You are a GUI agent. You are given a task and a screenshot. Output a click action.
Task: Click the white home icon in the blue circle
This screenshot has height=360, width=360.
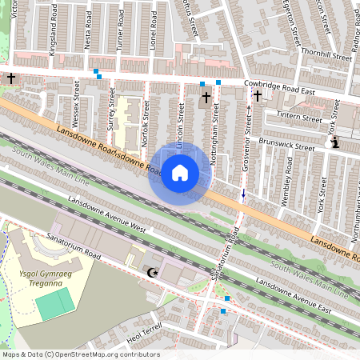coord(180,172)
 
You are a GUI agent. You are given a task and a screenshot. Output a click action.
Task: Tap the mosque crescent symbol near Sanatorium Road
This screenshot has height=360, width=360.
coord(150,274)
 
